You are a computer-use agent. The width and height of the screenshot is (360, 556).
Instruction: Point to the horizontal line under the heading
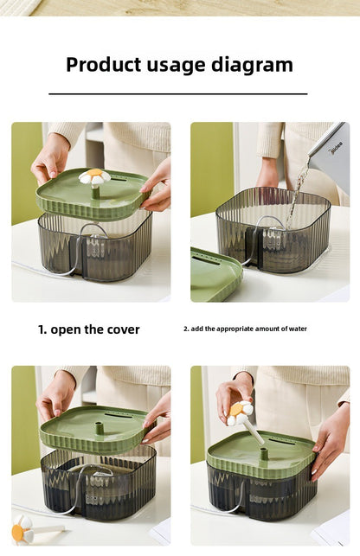tap(178, 94)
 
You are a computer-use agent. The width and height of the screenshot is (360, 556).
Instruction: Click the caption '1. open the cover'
tap(89, 329)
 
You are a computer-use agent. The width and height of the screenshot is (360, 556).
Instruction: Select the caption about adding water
tap(245, 329)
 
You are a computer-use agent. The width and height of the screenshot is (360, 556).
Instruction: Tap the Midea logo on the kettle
tap(337, 148)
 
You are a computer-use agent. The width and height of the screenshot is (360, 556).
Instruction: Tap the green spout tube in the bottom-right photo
tap(264, 453)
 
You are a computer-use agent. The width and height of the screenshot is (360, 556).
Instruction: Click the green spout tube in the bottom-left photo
tap(100, 428)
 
